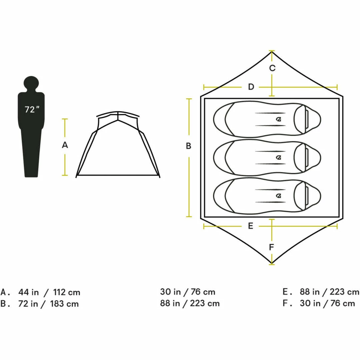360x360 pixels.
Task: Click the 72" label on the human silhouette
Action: click(32, 110)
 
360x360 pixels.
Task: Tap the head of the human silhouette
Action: click(31, 84)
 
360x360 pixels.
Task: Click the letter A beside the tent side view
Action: click(65, 145)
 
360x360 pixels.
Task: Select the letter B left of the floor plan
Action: click(188, 146)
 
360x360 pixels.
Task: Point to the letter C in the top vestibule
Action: click(272, 68)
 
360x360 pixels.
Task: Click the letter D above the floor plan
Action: click(251, 87)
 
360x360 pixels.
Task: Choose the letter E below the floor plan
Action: click(250, 226)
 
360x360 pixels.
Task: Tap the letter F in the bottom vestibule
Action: click(272, 247)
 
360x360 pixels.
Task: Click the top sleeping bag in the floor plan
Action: click(267, 119)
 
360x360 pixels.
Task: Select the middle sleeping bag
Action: click(267, 157)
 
